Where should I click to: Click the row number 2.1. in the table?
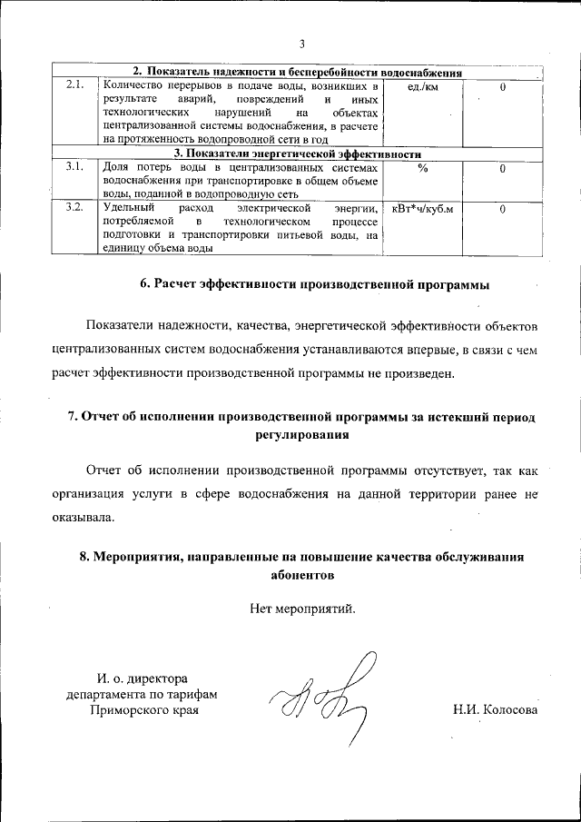click(75, 85)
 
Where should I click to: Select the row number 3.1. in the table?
click(75, 168)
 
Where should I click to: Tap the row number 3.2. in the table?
click(75, 208)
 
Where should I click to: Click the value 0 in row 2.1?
click(502, 86)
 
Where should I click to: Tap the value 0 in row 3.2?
click(502, 209)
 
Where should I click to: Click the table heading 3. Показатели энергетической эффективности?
click(298, 154)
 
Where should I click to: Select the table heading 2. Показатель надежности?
click(299, 72)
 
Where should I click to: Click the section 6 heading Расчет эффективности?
click(314, 285)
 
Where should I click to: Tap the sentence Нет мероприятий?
click(302, 609)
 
